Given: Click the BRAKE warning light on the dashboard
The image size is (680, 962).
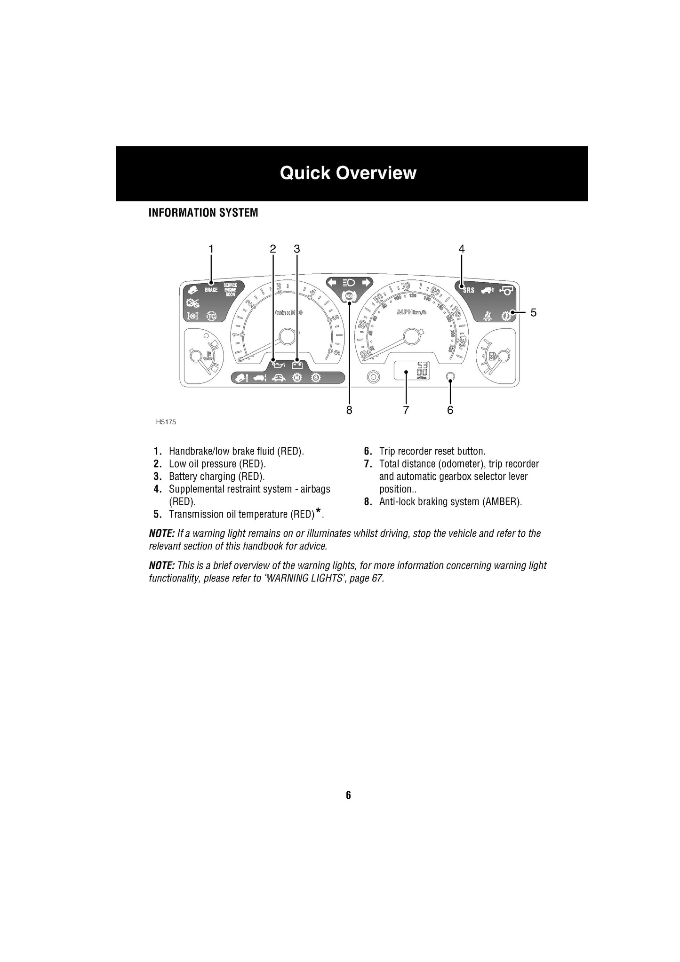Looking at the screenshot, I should pos(211,290).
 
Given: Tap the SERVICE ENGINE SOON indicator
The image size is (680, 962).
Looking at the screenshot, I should pos(230,290).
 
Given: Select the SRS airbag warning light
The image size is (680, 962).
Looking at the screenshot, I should pos(469,290).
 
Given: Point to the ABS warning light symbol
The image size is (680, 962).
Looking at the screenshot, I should pos(349,296).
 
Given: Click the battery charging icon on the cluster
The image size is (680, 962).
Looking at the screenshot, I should pos(296,365).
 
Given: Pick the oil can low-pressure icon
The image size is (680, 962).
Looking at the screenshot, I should pos(278,365).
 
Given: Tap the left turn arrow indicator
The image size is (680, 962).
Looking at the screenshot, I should pos(333,283).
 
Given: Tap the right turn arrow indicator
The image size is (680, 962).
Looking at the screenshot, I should pos(366,283).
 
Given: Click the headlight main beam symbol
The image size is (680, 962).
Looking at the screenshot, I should pos(349,283).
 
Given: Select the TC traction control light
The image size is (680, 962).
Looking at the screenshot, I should pos(212,316).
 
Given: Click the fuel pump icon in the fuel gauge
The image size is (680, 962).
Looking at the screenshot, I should pos(492,357).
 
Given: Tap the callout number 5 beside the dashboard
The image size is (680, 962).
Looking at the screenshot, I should pos(534,312).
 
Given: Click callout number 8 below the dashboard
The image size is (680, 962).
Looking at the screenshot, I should pos(349,410).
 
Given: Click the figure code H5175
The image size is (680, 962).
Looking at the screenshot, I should pos(166,422).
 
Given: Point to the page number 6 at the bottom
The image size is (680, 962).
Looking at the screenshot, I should pos(348,795).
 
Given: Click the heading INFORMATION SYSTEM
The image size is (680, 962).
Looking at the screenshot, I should pos(203,213).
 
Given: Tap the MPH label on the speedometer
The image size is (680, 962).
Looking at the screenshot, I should pos(405,312).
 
